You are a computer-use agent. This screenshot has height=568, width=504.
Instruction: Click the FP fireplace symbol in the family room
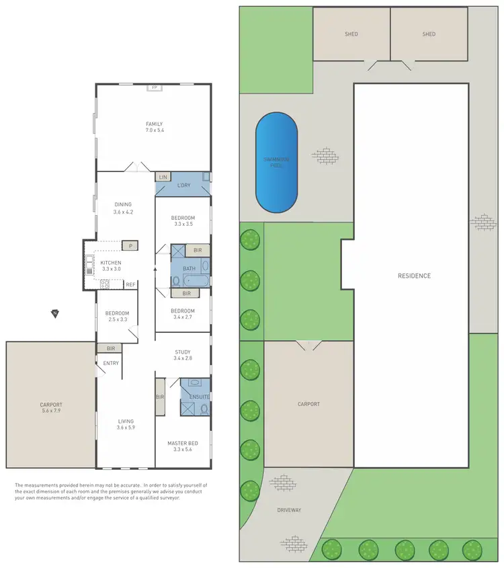pyautogui.click(x=154, y=88)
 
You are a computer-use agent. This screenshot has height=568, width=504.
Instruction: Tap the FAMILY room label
pyautogui.click(x=155, y=124)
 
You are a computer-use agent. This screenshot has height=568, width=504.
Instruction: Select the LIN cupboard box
pyautogui.click(x=162, y=176)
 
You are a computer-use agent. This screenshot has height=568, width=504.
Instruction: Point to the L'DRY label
pyautogui.click(x=183, y=185)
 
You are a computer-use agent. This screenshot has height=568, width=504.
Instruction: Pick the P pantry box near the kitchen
pyautogui.click(x=130, y=246)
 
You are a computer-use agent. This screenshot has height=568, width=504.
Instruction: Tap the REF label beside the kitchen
pyautogui.click(x=131, y=284)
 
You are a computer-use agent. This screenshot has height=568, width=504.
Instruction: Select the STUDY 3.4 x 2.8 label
pyautogui.click(x=182, y=355)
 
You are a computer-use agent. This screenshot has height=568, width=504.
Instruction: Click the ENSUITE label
pyautogui.click(x=201, y=397)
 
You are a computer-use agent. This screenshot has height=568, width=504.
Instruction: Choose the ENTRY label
pyautogui.click(x=110, y=364)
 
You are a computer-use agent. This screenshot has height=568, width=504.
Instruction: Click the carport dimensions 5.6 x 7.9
pyautogui.click(x=50, y=411)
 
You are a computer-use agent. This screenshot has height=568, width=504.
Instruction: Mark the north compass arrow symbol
pyautogui.click(x=54, y=313)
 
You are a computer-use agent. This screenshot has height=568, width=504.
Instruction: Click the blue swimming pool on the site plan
pyautogui.click(x=276, y=161)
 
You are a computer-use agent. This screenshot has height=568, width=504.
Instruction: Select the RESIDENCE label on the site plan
pyautogui.click(x=414, y=276)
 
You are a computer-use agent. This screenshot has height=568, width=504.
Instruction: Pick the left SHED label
pyautogui.click(x=352, y=34)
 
